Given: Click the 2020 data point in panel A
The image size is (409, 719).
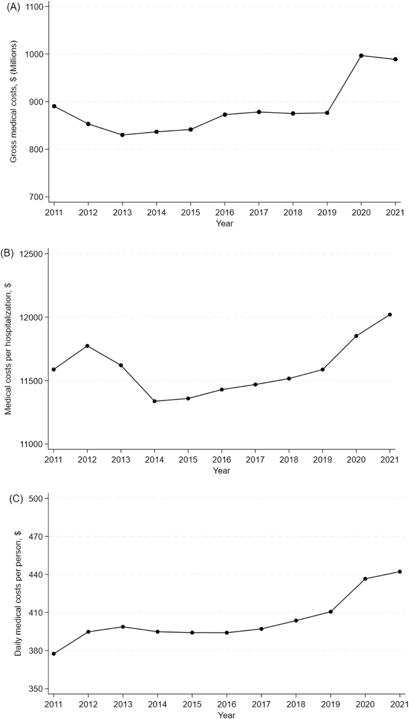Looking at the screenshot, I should coord(361,56).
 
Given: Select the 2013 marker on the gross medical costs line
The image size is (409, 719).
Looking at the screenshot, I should coord(122,135).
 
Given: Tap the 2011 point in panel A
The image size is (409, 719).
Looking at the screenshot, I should coord(54,106).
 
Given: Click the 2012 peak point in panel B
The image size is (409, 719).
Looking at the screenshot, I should coord(87,346).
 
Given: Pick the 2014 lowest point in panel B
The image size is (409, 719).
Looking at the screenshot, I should coord(154,401).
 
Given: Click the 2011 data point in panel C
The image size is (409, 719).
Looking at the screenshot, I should coord(54,654).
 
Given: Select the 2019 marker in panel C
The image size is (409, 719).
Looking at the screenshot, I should coord(331,612).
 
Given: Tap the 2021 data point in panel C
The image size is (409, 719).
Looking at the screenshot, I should coord(400,571).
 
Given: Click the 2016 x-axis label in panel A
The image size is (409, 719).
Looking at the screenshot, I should coord(225,213).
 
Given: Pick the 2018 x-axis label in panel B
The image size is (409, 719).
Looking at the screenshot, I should coord(289,460).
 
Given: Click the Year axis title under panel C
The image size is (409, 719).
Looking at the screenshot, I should coord(227,715).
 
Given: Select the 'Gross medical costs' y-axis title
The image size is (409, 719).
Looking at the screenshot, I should coord(14,102).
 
